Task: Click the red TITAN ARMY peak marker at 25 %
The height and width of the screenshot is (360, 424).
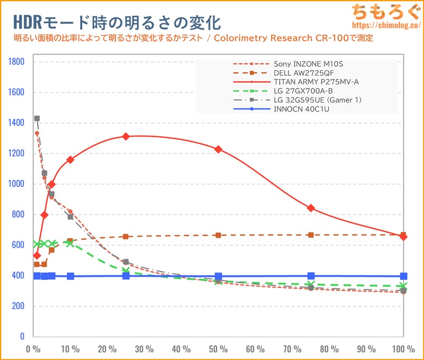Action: [126, 136]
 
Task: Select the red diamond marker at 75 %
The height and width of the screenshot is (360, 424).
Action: [311, 208]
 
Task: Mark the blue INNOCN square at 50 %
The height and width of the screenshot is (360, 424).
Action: [218, 276]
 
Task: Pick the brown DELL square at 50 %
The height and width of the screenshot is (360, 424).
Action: [218, 235]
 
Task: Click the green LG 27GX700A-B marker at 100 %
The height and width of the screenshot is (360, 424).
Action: [404, 286]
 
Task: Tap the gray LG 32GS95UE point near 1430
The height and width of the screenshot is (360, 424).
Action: [37, 118]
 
